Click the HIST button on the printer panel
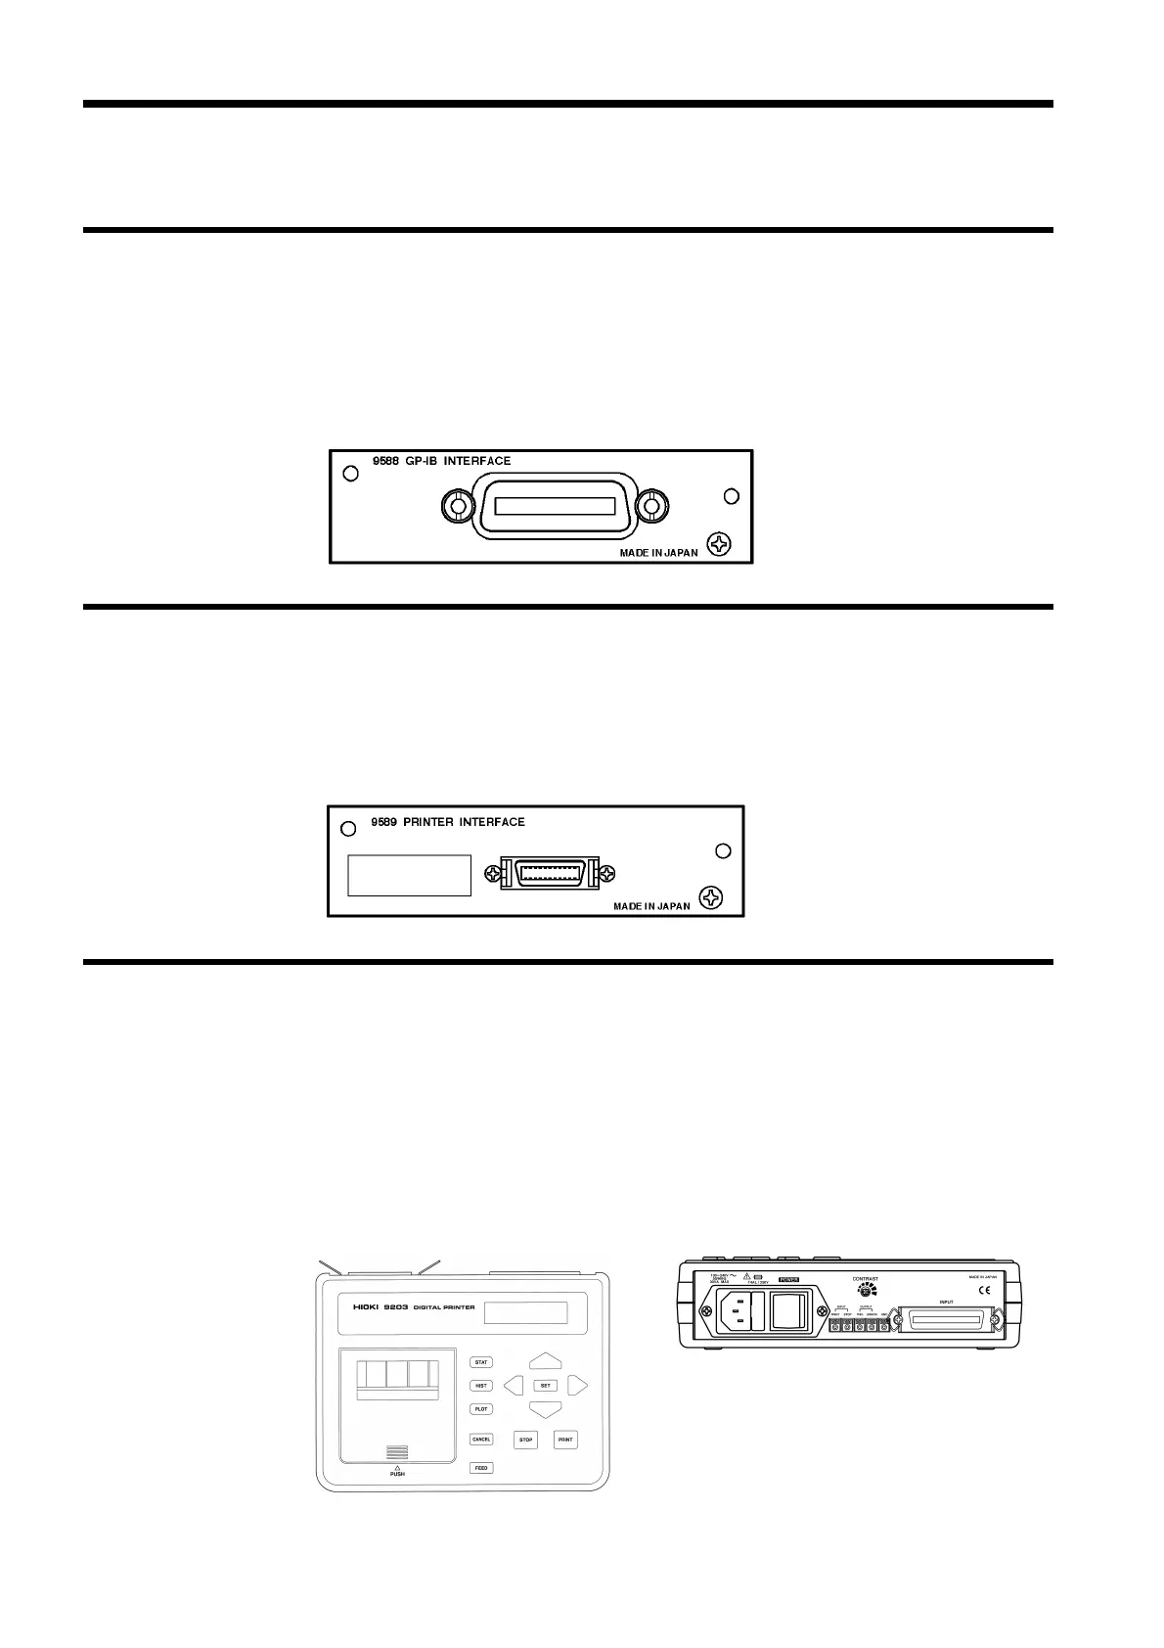(x=481, y=1386)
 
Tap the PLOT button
(x=481, y=1409)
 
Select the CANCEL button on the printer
(x=481, y=1440)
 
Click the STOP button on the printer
(x=526, y=1441)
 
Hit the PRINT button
(x=565, y=1441)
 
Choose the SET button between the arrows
(x=546, y=1386)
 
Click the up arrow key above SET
(x=546, y=1360)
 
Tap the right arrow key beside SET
(x=577, y=1386)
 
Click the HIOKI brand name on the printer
(x=372, y=1306)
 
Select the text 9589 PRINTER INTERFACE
(x=447, y=822)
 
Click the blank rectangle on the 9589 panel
(x=409, y=875)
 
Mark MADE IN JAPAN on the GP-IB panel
(x=658, y=553)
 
